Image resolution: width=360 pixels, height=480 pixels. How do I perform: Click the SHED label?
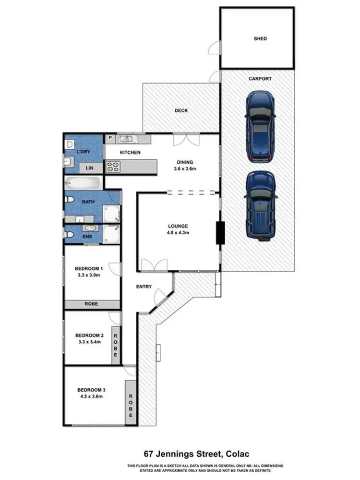point(260,38)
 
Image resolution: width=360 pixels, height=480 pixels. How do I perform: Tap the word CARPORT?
point(260,79)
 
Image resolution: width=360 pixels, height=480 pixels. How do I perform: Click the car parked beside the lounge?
point(261,205)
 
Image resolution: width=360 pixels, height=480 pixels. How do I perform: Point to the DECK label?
point(181,110)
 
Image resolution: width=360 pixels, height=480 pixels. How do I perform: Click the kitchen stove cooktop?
point(113,167)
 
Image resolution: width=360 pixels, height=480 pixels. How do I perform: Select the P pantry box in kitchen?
point(110,138)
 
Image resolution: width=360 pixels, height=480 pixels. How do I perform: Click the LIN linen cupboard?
point(89,168)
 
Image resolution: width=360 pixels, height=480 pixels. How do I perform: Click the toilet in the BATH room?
point(69,199)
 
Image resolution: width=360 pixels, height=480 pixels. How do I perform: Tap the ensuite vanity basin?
point(90,228)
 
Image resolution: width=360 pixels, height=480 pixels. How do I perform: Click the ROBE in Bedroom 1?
point(92,304)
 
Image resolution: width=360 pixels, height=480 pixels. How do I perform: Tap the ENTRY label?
point(144,287)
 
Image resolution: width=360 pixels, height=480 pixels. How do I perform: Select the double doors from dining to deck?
point(185,140)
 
